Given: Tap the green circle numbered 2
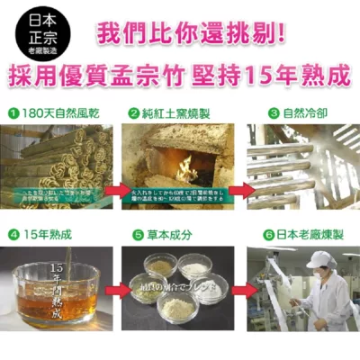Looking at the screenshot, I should [132, 113].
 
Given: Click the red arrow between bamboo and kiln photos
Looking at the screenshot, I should [115, 191].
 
